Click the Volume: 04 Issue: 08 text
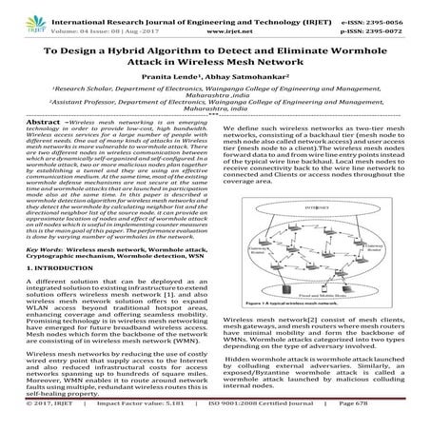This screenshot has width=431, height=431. click(x=71, y=18)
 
